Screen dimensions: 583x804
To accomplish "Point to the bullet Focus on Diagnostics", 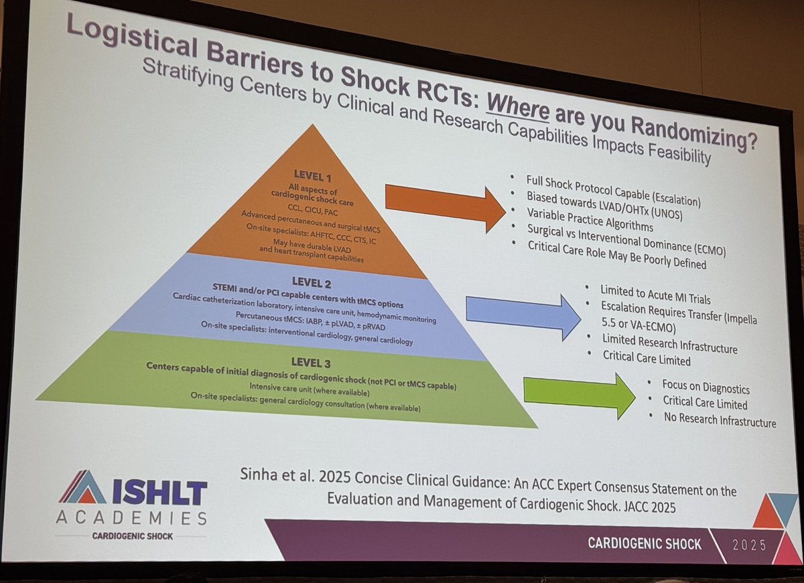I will point(706,387).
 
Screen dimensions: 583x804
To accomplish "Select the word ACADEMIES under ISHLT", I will point(131,518).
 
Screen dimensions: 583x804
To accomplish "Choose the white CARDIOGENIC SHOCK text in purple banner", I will point(645,543).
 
